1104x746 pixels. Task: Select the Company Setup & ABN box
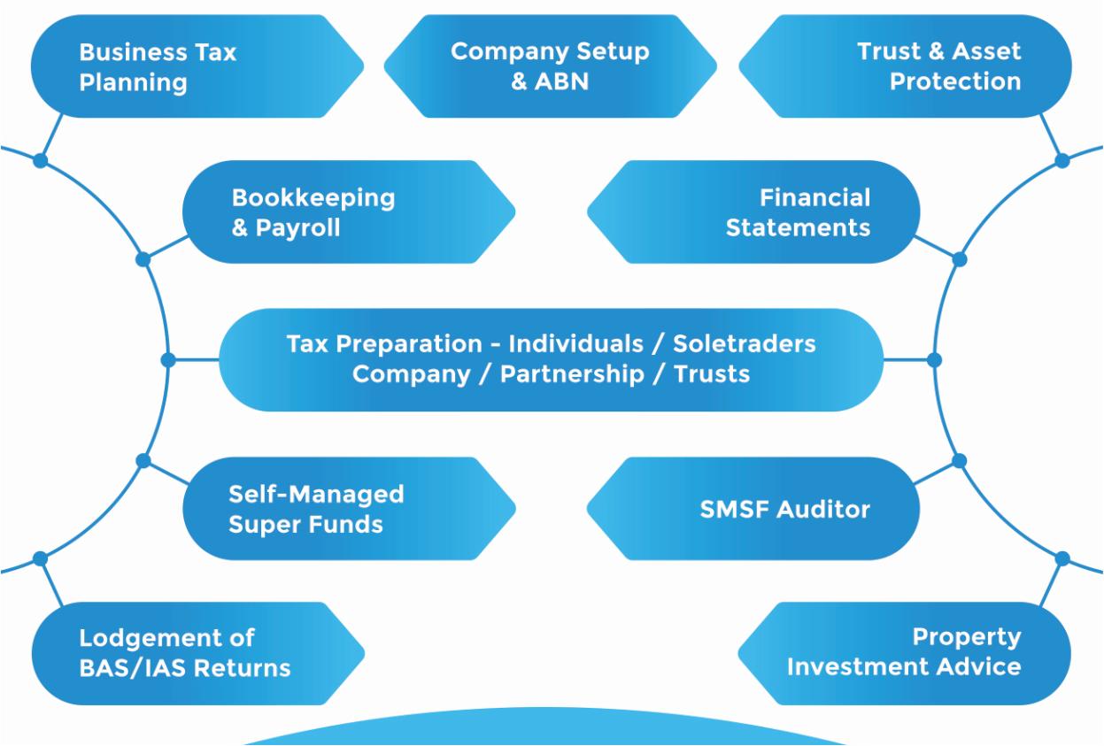click(550, 66)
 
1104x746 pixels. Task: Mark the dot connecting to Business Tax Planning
click(40, 161)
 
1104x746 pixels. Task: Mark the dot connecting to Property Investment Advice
click(1063, 558)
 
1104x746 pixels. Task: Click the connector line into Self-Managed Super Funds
click(164, 471)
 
